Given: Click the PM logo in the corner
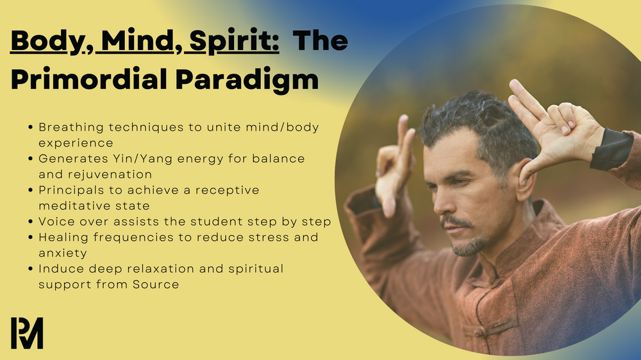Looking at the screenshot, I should point(27,332).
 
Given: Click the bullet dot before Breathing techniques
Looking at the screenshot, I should point(31,127).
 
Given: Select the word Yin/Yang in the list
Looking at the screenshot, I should point(119,158).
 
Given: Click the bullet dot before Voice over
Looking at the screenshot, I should point(31,222).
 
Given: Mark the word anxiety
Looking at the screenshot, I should point(62,253).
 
